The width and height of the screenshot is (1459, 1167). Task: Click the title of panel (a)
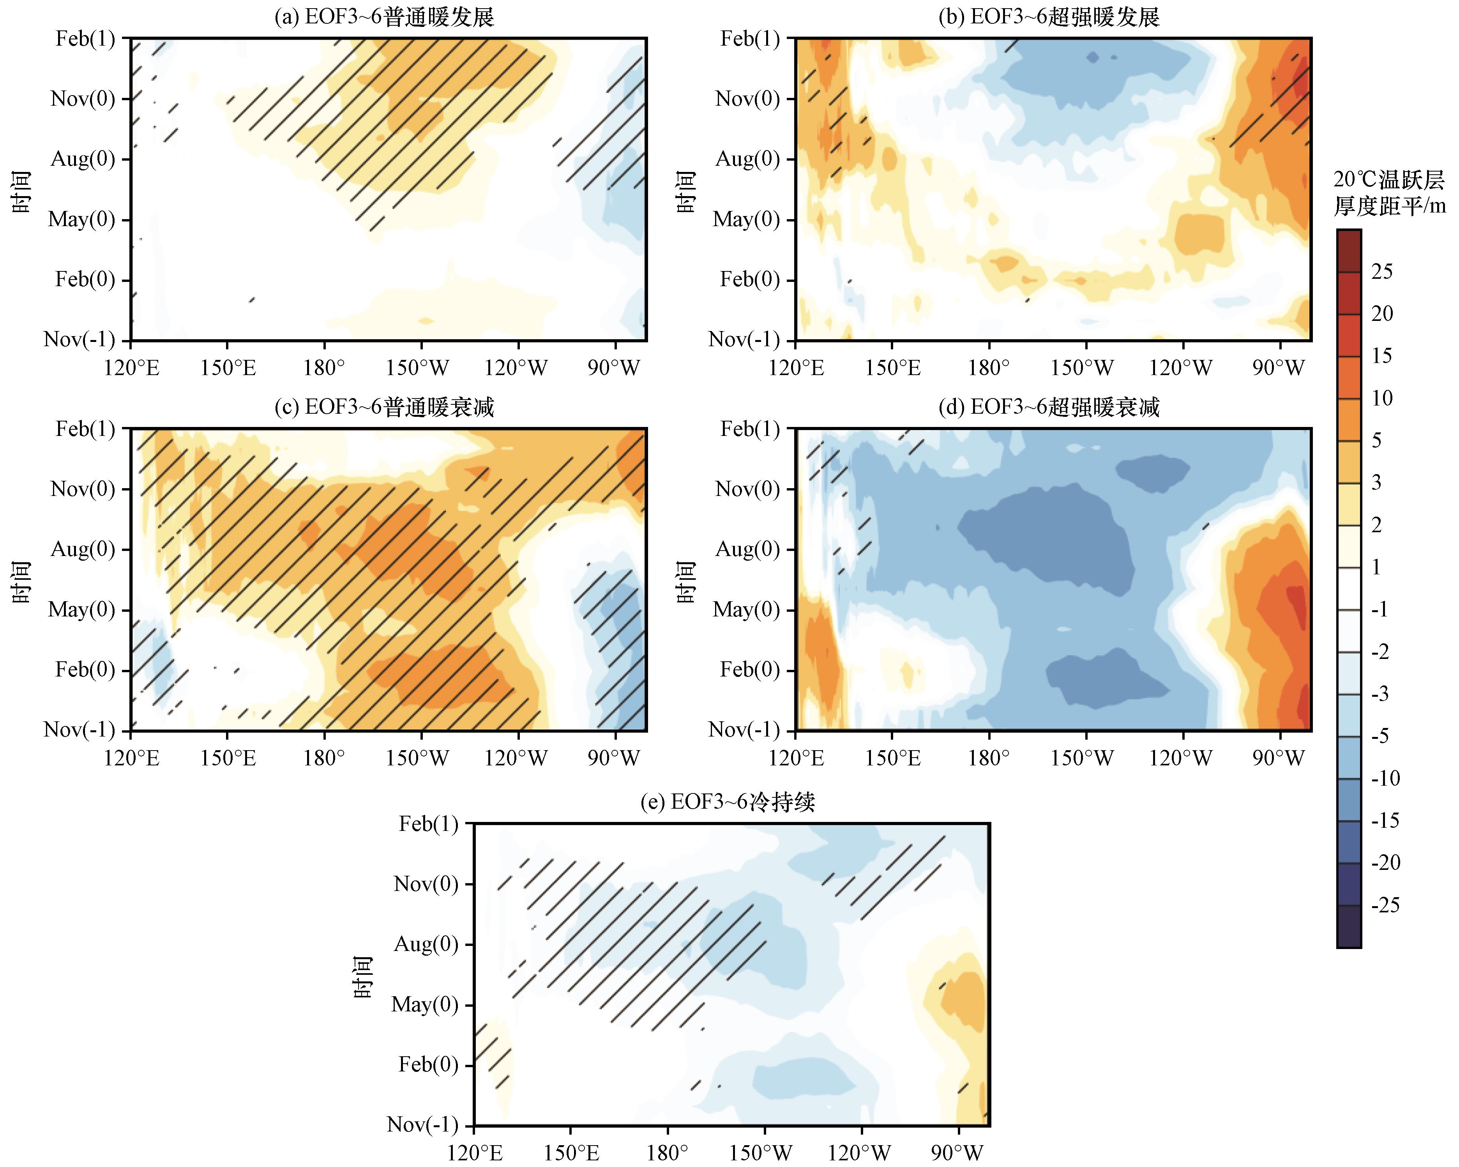tap(384, 17)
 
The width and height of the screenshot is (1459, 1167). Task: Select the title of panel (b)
tap(1049, 17)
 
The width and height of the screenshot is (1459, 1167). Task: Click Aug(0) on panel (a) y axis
tap(83, 159)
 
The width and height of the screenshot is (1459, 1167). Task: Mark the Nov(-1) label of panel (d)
tap(744, 730)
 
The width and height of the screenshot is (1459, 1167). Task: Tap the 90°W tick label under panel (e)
tap(957, 1153)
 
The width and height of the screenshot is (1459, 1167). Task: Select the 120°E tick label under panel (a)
tap(131, 368)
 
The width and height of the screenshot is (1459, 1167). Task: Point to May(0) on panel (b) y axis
tap(746, 219)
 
